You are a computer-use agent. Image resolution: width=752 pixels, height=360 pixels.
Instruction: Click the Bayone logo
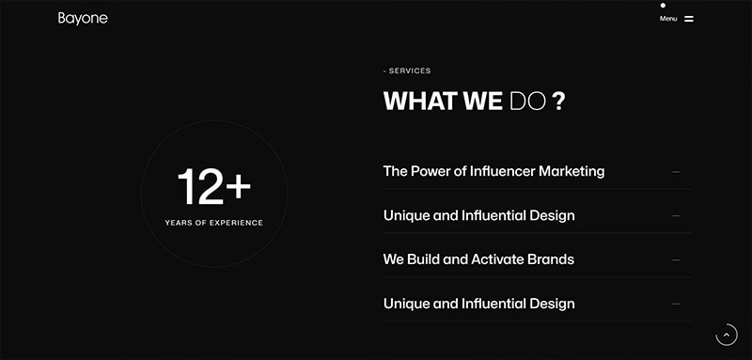point(83,19)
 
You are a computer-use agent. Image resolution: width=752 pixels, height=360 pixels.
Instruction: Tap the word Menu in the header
point(668,19)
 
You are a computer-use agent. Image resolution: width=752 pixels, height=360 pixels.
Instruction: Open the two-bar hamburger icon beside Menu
point(689,19)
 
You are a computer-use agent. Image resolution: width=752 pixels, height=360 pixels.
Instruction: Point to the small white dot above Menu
point(663,6)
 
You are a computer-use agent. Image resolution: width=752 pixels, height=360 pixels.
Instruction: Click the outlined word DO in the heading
point(527,102)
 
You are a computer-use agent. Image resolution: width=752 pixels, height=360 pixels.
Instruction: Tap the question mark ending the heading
point(558,102)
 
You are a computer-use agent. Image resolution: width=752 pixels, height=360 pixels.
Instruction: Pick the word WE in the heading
point(483,102)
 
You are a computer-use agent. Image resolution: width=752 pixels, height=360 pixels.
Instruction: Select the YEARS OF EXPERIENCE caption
point(214,223)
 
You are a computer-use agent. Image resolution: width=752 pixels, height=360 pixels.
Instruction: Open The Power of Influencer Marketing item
point(493,171)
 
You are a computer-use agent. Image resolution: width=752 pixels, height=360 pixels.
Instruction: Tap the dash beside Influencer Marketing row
point(676,172)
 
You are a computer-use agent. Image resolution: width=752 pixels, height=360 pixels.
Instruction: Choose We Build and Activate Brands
point(478,259)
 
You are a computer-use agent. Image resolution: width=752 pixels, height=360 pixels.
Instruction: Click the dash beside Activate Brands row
point(676,259)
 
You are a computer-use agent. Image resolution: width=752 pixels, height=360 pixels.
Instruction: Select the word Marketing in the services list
point(572,171)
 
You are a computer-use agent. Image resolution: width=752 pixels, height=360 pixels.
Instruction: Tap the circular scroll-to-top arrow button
point(727,335)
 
